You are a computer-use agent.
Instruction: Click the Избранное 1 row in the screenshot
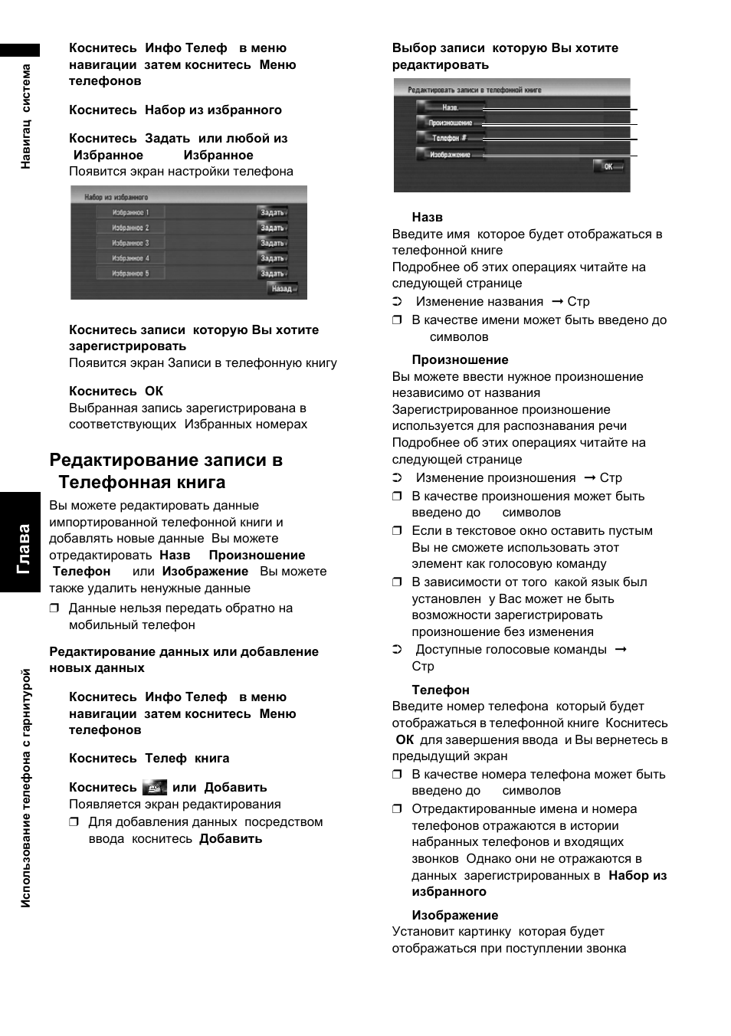pos(130,212)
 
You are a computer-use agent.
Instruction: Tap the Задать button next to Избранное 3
pos(272,243)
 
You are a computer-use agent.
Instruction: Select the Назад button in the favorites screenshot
pos(281,289)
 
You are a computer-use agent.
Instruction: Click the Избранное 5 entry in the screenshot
pos(130,274)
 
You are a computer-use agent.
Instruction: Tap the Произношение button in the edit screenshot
pos(450,123)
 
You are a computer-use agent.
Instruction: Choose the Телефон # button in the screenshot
pos(450,139)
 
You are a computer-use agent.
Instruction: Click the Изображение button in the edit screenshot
pos(450,155)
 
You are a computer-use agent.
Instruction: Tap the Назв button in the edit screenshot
pos(450,107)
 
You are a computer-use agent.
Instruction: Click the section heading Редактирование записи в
pos(166,461)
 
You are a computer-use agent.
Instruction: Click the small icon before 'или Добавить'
pos(155,787)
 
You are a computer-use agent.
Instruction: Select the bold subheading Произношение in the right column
pos(460,360)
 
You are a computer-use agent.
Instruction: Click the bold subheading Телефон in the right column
pos(441,690)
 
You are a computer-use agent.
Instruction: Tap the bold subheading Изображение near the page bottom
pos(455,915)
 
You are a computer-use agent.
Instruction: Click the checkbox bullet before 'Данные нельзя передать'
pos(54,608)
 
